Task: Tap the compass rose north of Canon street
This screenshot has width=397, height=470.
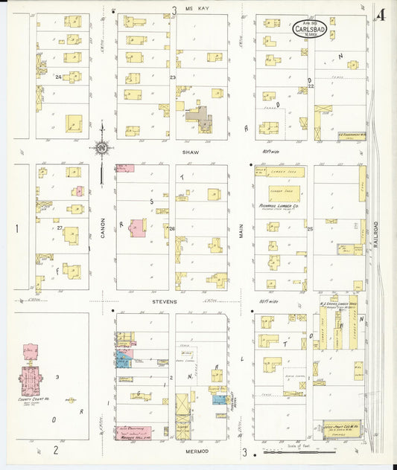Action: tap(101, 147)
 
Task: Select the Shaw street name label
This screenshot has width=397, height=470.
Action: tap(186, 152)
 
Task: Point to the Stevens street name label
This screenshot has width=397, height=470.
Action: tap(166, 302)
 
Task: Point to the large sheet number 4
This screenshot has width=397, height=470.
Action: tap(381, 14)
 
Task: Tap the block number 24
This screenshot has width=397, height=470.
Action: tap(57, 77)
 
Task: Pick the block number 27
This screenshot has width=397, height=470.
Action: tap(59, 228)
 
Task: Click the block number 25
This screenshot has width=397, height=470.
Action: tap(310, 228)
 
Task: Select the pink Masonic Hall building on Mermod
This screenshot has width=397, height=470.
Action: tap(134, 432)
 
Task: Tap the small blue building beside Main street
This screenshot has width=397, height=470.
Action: tap(218, 399)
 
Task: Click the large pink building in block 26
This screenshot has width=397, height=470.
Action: tap(138, 228)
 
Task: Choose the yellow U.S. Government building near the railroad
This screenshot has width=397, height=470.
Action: tap(347, 137)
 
